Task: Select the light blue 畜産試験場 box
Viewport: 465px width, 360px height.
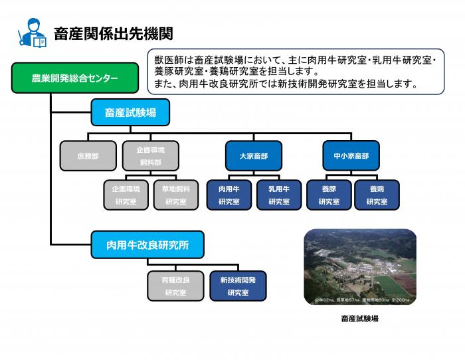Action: (130, 112)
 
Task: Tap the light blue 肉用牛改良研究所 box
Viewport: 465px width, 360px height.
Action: (147, 245)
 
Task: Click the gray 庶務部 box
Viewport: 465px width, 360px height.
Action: (88, 156)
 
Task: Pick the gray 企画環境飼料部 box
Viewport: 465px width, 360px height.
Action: (151, 156)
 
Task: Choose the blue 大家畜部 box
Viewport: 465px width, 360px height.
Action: (251, 156)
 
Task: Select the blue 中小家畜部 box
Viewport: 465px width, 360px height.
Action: (351, 156)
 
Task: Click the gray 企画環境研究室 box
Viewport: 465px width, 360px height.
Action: (126, 195)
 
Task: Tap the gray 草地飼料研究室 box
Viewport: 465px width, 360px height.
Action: (176, 195)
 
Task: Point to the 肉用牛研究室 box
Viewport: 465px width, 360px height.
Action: (229, 195)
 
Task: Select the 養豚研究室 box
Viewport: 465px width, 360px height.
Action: (329, 195)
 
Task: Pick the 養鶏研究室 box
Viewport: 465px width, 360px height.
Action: (377, 195)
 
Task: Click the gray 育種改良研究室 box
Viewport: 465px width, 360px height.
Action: (175, 286)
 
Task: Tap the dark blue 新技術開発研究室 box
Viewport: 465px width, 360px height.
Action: (238, 286)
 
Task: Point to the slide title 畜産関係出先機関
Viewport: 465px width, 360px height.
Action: (113, 33)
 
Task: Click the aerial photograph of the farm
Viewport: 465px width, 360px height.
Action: (359, 268)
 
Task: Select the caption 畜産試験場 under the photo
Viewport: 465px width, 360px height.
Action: (359, 318)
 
